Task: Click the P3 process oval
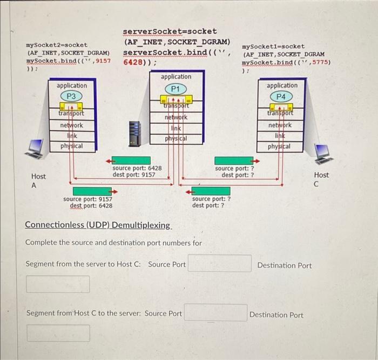71,96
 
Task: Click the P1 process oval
175,89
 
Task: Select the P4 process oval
281,96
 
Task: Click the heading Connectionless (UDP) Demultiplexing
98,225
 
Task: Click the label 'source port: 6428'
137,168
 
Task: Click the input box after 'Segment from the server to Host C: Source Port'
219,264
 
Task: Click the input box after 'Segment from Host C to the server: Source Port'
215,313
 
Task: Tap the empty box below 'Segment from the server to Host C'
58,284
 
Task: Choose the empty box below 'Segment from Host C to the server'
58,333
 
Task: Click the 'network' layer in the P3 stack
71,125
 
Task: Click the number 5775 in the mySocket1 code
320,62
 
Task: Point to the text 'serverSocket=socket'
170,31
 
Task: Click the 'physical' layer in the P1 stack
176,138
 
